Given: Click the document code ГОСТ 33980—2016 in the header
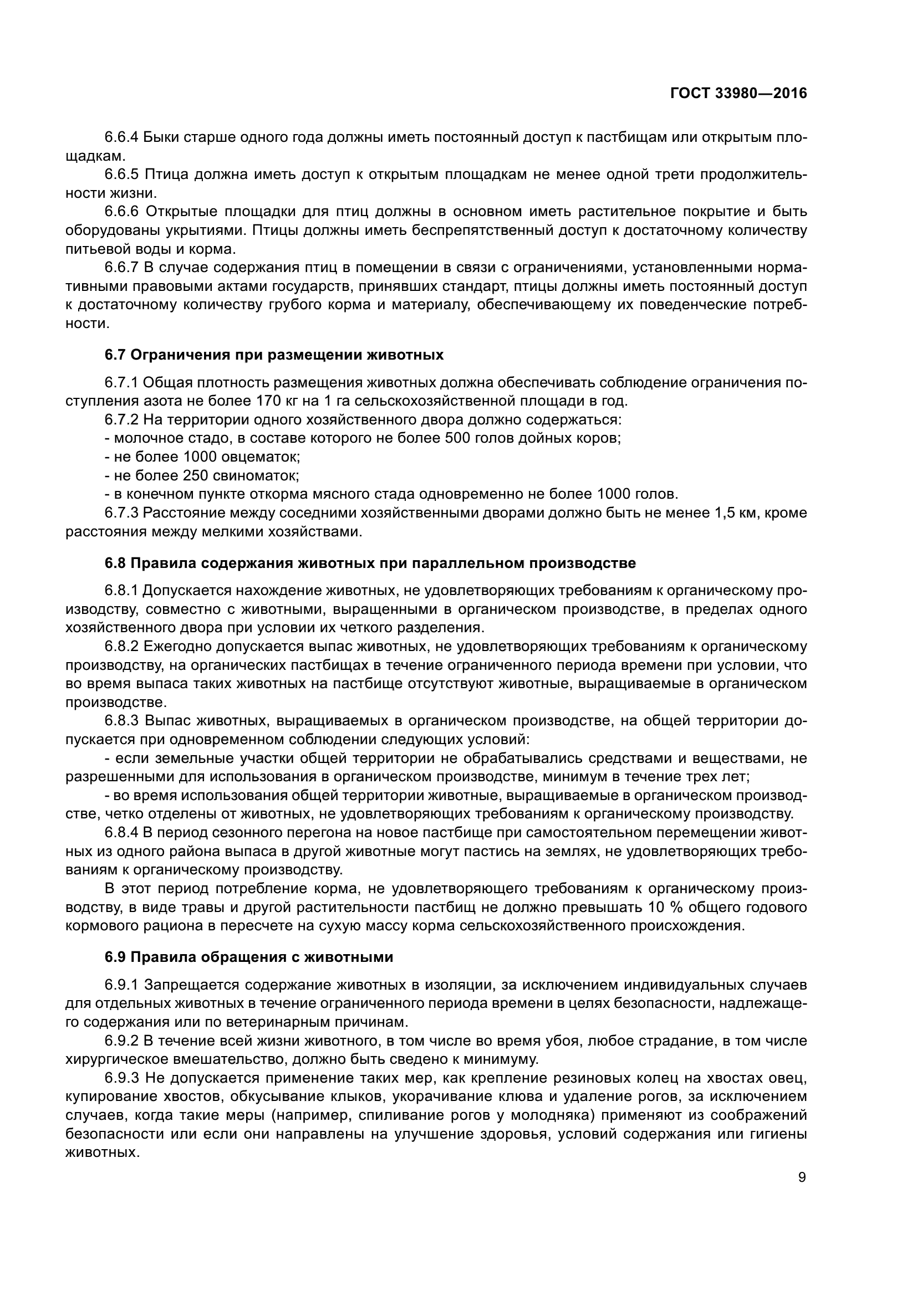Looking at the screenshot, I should pyautogui.click(x=738, y=94).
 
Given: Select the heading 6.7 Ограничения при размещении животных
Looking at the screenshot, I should pyautogui.click(x=274, y=355).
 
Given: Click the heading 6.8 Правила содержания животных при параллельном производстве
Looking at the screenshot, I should pyautogui.click(x=370, y=564).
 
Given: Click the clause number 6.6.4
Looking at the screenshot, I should pyautogui.click(x=121, y=137).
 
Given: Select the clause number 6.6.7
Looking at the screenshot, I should pyautogui.click(x=121, y=268).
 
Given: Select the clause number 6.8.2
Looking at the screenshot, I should pyautogui.click(x=121, y=646).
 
